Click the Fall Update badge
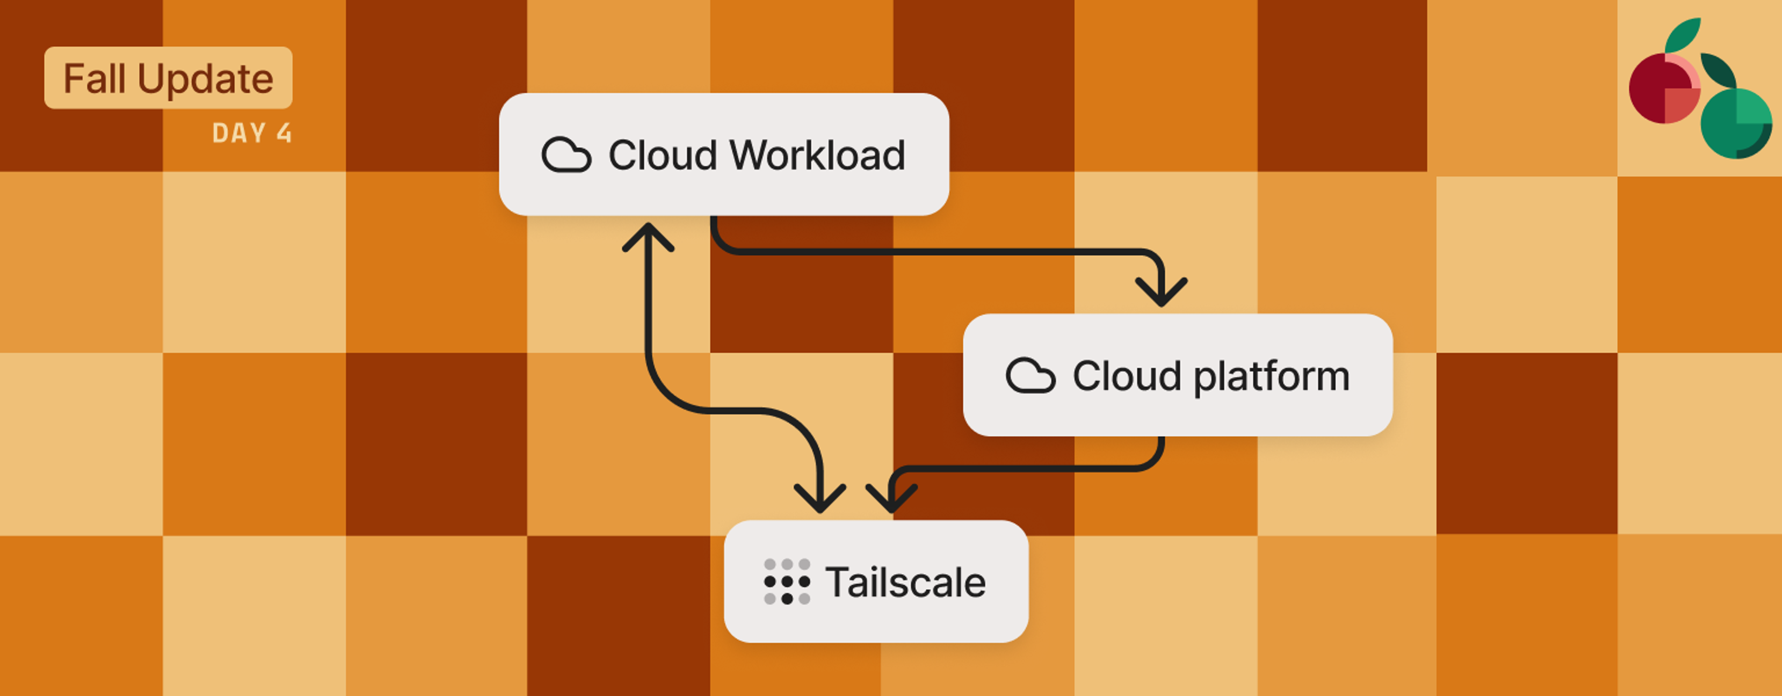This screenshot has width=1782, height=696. (x=168, y=77)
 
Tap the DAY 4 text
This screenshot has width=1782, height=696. (x=252, y=133)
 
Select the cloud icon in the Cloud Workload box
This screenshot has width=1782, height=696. (x=566, y=155)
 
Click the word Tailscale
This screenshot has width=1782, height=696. (x=905, y=582)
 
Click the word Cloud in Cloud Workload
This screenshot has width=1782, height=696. (x=662, y=155)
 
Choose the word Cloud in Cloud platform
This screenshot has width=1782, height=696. (x=1126, y=376)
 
